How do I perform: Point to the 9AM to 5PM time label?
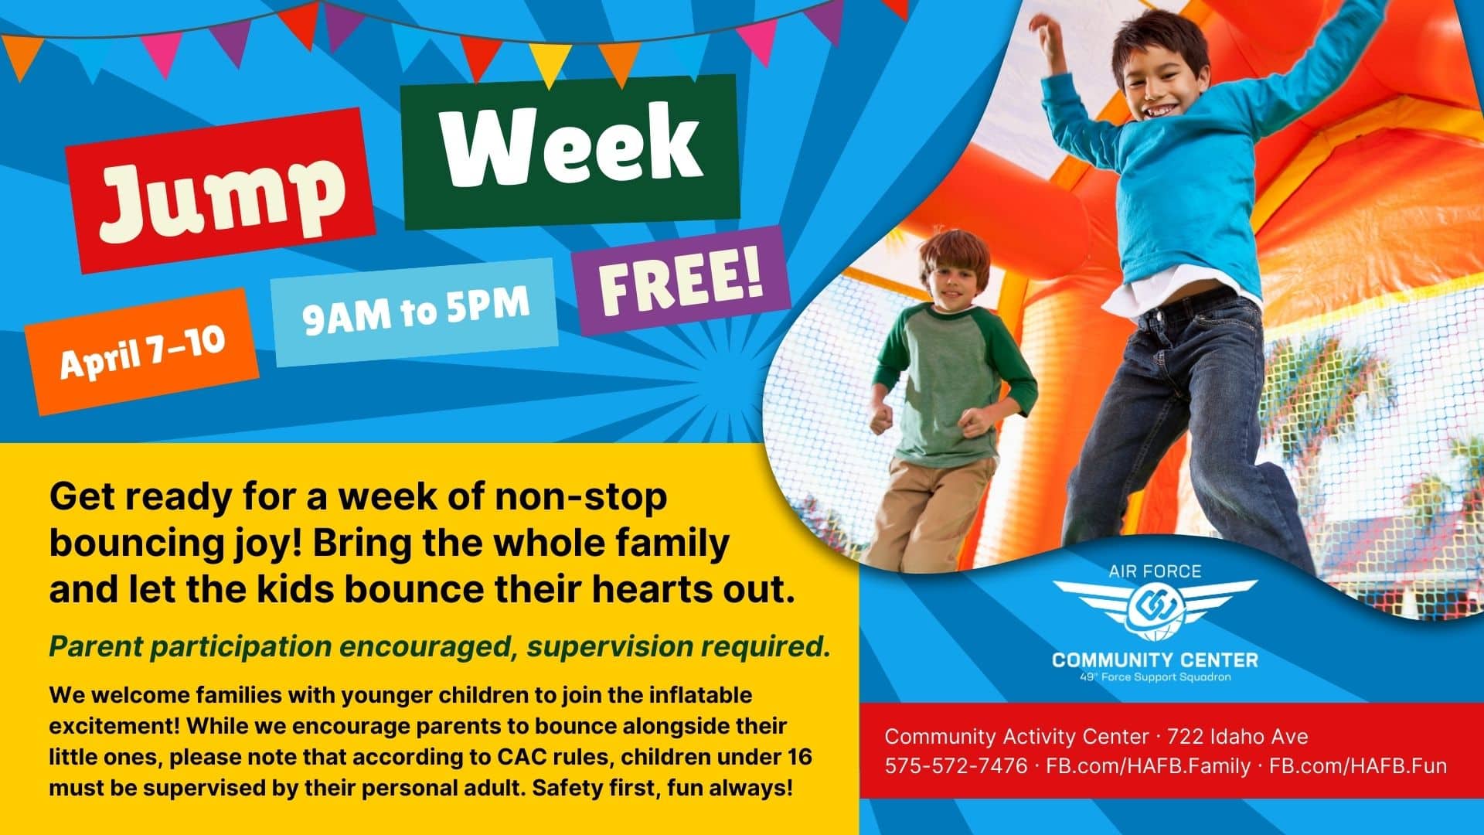click(x=416, y=307)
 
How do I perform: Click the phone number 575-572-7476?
click(x=956, y=766)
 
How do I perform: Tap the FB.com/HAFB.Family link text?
click(x=1148, y=766)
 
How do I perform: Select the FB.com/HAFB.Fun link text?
click(x=1358, y=766)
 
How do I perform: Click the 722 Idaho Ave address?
click(x=1238, y=736)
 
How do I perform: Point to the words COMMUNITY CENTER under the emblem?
click(x=1155, y=660)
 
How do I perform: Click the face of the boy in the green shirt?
click(x=957, y=278)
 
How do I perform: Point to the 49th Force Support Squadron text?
click(x=1155, y=677)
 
